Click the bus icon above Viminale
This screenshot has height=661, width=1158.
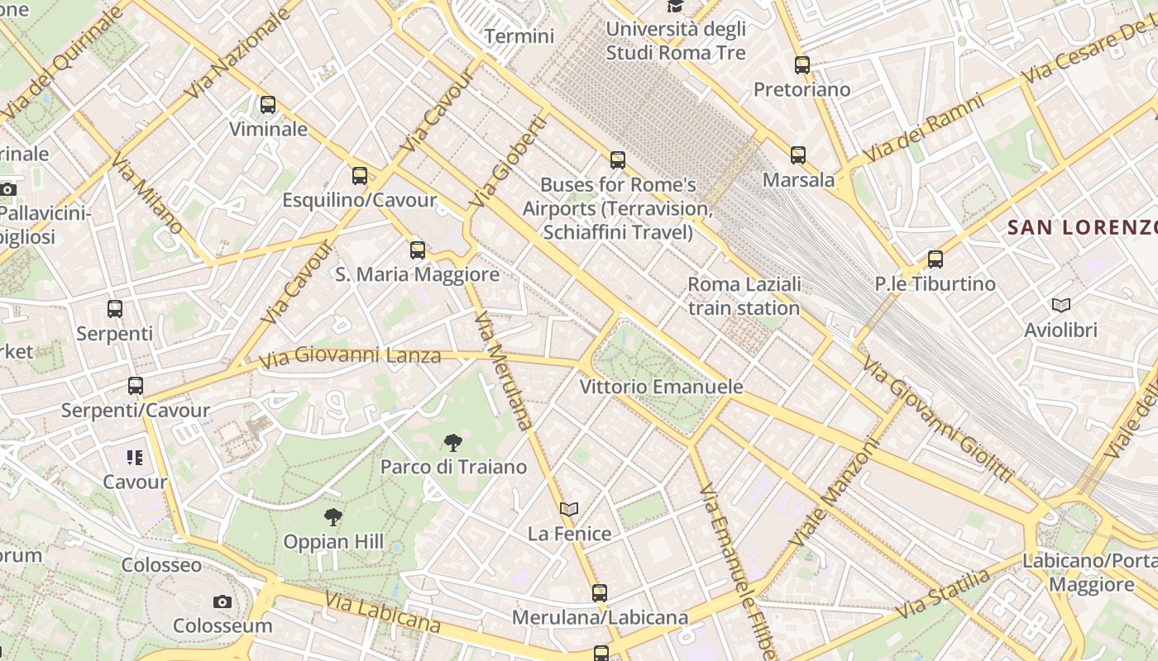click(268, 105)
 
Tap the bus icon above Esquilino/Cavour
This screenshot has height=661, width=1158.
click(359, 175)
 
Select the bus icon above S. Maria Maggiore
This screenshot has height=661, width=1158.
click(418, 250)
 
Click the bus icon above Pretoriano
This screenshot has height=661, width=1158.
click(802, 64)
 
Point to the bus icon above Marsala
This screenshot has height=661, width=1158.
click(797, 155)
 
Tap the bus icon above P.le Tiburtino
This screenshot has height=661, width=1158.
click(935, 259)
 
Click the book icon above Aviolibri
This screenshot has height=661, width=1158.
click(1060, 305)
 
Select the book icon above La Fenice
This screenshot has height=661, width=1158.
click(569, 509)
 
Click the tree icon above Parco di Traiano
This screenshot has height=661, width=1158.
click(452, 443)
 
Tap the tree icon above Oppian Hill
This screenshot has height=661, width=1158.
click(333, 518)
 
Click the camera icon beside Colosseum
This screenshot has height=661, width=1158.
click(222, 602)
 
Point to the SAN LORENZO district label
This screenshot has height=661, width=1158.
click(1082, 227)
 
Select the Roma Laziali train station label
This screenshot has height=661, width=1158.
click(744, 296)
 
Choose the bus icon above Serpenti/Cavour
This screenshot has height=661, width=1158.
click(136, 386)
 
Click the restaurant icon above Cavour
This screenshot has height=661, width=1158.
click(135, 457)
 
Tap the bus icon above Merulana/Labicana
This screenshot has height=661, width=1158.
click(600, 592)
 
